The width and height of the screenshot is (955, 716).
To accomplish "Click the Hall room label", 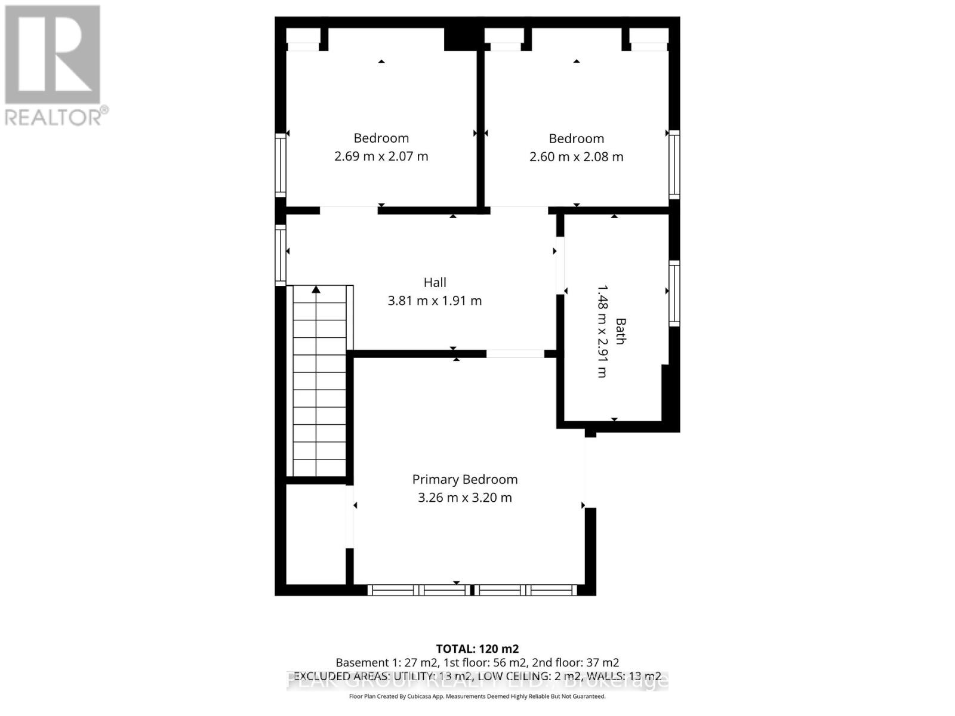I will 435,282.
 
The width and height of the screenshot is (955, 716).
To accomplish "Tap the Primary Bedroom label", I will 464,479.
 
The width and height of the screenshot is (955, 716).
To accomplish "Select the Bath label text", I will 621,331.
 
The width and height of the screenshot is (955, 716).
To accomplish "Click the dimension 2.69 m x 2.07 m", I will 381,156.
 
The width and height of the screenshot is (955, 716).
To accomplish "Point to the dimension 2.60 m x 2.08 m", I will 576,157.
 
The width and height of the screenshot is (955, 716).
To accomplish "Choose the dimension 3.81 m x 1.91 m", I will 435,301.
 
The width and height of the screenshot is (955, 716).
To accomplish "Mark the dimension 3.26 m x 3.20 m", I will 464,498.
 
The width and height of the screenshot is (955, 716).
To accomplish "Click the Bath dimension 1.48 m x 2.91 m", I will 602,331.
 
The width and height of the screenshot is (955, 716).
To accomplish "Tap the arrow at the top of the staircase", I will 316,290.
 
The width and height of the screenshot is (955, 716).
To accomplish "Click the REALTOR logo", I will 54,66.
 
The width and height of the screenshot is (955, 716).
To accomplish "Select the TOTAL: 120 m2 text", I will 477,649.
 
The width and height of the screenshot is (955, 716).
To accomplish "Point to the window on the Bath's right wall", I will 674,293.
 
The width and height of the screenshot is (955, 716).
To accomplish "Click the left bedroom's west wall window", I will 280,165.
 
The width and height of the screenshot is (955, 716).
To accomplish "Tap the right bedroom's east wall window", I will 674,164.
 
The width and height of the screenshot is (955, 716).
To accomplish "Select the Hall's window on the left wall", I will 280,254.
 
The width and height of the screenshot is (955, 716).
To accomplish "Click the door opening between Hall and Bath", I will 560,266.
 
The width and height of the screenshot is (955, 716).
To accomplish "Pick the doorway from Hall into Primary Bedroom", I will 515,354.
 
